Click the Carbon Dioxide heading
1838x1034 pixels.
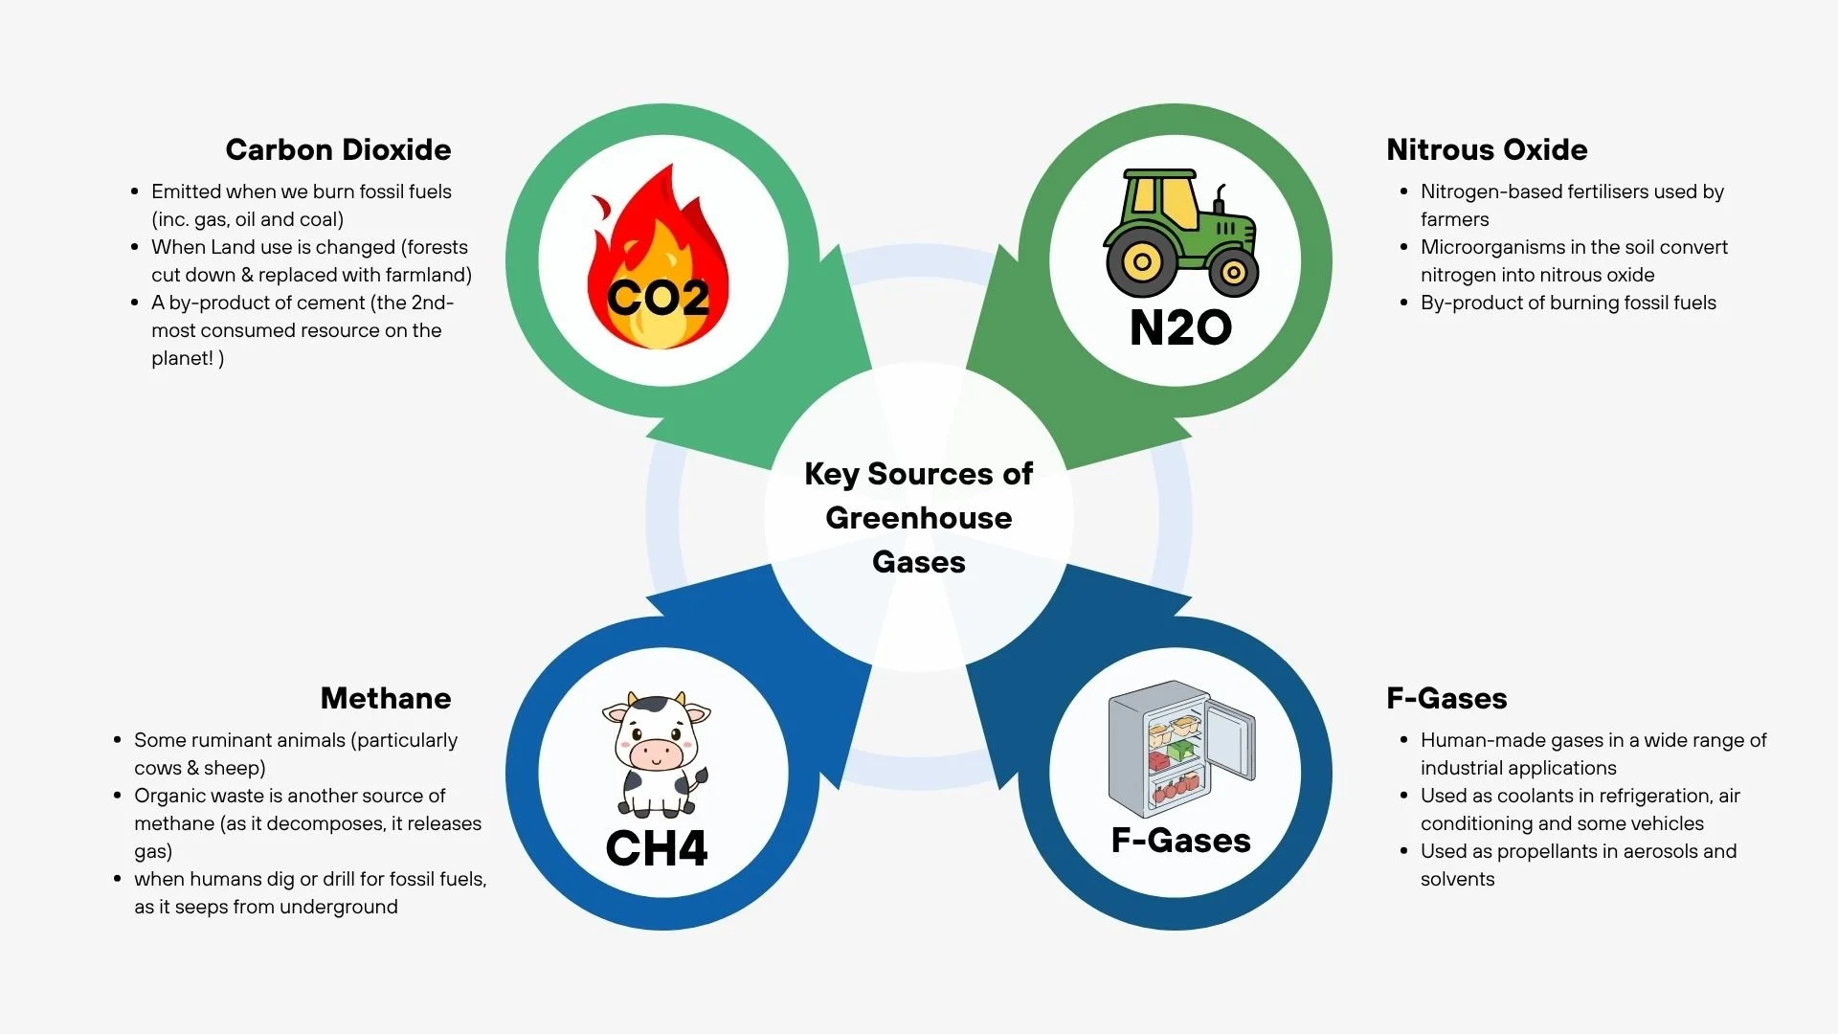338,149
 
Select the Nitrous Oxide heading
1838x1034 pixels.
1487,149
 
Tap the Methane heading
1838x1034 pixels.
386,698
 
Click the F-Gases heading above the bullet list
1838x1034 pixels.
1446,698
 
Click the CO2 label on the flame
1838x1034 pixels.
659,298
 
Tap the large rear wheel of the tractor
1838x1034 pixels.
1141,261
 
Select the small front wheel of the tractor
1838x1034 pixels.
1233,273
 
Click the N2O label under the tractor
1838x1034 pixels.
1180,327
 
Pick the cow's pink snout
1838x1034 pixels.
657,753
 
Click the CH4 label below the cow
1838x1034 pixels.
657,848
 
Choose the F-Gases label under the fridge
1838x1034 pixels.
1180,840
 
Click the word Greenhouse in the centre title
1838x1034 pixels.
918,518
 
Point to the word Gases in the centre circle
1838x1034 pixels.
918,562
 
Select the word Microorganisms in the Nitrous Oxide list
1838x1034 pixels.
1492,247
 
